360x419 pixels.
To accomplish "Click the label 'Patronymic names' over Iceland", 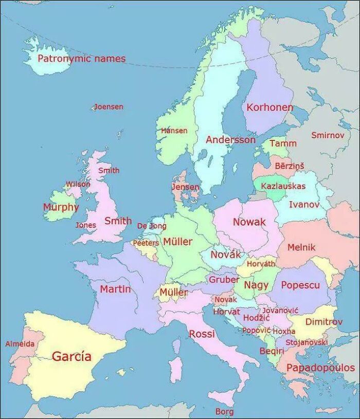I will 81,59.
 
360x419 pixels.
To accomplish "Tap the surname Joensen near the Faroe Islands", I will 109,107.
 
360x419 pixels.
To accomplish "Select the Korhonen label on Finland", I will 269,107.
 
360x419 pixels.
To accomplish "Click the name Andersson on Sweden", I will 230,139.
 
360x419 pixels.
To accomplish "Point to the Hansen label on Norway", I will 174,131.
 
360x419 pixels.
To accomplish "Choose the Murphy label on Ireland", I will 61,207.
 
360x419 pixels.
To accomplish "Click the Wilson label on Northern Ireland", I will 78,184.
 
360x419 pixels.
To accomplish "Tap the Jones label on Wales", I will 85,225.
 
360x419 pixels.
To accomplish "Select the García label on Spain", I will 72,356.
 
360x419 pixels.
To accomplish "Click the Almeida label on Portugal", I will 20,343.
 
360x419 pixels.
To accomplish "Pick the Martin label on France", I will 115,289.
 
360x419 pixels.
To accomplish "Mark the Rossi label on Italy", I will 202,334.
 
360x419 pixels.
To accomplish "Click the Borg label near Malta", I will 224,411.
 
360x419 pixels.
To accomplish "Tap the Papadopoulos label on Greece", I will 320,368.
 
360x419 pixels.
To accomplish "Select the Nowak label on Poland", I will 249,222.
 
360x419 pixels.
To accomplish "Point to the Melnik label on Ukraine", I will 301,247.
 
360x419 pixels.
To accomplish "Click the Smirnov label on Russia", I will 327,135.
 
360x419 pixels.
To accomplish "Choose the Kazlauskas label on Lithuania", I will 283,186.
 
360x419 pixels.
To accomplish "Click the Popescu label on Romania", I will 300,285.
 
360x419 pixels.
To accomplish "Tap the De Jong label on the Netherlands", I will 151,226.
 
